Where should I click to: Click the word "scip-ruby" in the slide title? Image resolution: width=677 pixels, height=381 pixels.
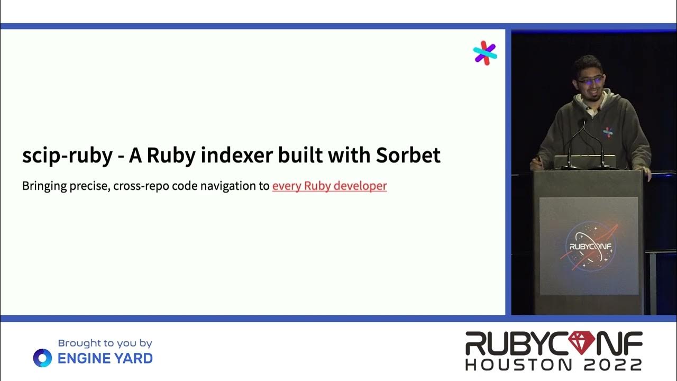[x=67, y=156]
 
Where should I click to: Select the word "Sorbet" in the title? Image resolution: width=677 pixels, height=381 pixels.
[x=408, y=156]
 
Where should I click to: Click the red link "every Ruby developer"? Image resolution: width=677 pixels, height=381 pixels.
[x=330, y=186]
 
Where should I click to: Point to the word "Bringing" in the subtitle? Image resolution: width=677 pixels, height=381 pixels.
[x=44, y=186]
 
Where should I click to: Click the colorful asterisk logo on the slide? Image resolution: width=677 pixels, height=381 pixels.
[x=485, y=53]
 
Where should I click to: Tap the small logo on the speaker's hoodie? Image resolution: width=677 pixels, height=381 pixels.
[x=608, y=132]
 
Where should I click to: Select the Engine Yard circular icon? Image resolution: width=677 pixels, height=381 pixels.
[x=42, y=358]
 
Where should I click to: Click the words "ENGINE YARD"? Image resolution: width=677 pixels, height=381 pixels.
[x=105, y=359]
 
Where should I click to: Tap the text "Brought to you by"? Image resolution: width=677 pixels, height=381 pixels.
[x=105, y=343]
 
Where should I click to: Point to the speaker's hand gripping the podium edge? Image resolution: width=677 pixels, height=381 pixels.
[x=646, y=173]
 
